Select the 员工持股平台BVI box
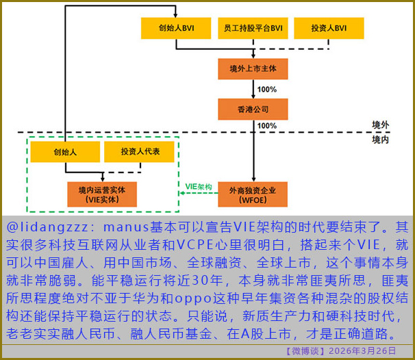[x=253, y=29]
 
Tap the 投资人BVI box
[x=329, y=29]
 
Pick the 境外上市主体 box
[x=253, y=70]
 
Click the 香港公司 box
[x=253, y=109]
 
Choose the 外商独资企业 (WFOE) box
[x=253, y=195]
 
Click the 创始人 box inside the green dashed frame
[x=63, y=152]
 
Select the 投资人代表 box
[x=140, y=152]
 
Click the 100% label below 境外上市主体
[x=267, y=90]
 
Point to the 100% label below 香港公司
[x=267, y=126]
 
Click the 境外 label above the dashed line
[x=380, y=125]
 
